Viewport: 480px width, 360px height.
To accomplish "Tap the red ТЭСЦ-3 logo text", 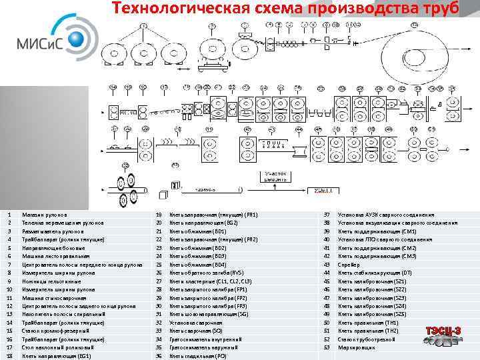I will click(x=443, y=331).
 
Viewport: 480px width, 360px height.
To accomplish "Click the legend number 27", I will click(x=159, y=281).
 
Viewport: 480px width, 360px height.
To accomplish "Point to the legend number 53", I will click(x=327, y=347).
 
